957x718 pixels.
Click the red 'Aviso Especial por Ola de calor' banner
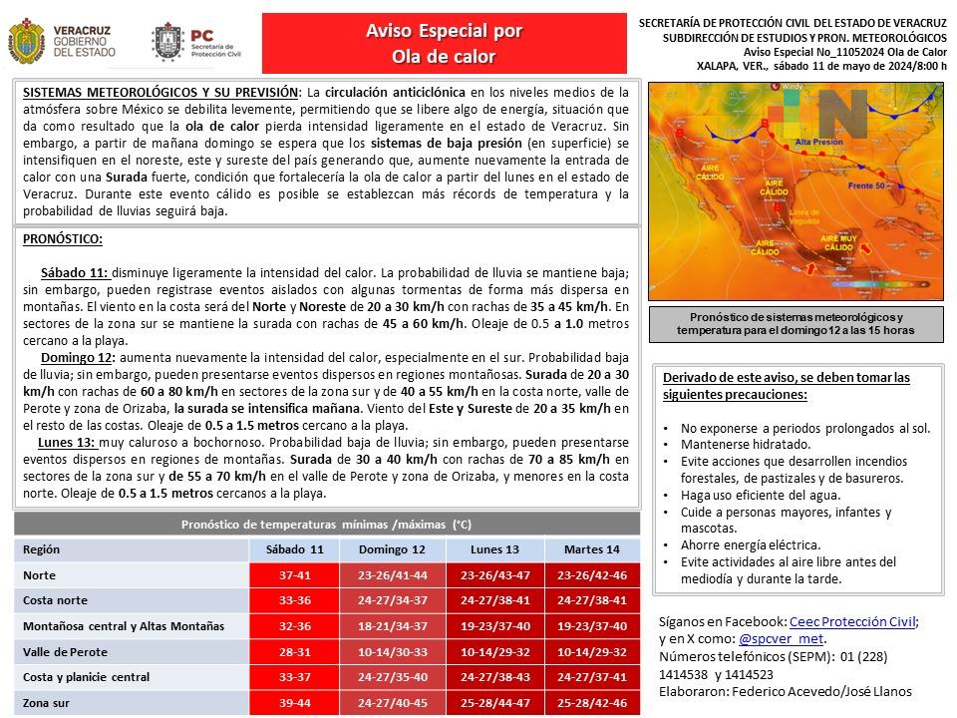[444, 43]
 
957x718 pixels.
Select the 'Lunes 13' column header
[495, 549]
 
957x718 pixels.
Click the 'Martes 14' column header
[591, 549]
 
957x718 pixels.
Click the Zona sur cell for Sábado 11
[294, 702]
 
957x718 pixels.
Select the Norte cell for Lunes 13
[495, 575]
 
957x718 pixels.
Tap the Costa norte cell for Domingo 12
[392, 600]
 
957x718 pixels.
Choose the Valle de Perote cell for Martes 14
[591, 651]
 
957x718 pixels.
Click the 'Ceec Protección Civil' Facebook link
[852, 620]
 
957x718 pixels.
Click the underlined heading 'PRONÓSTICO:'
[62, 239]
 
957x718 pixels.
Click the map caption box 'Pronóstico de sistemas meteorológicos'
[795, 323]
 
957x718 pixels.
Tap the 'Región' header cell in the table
[42, 549]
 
